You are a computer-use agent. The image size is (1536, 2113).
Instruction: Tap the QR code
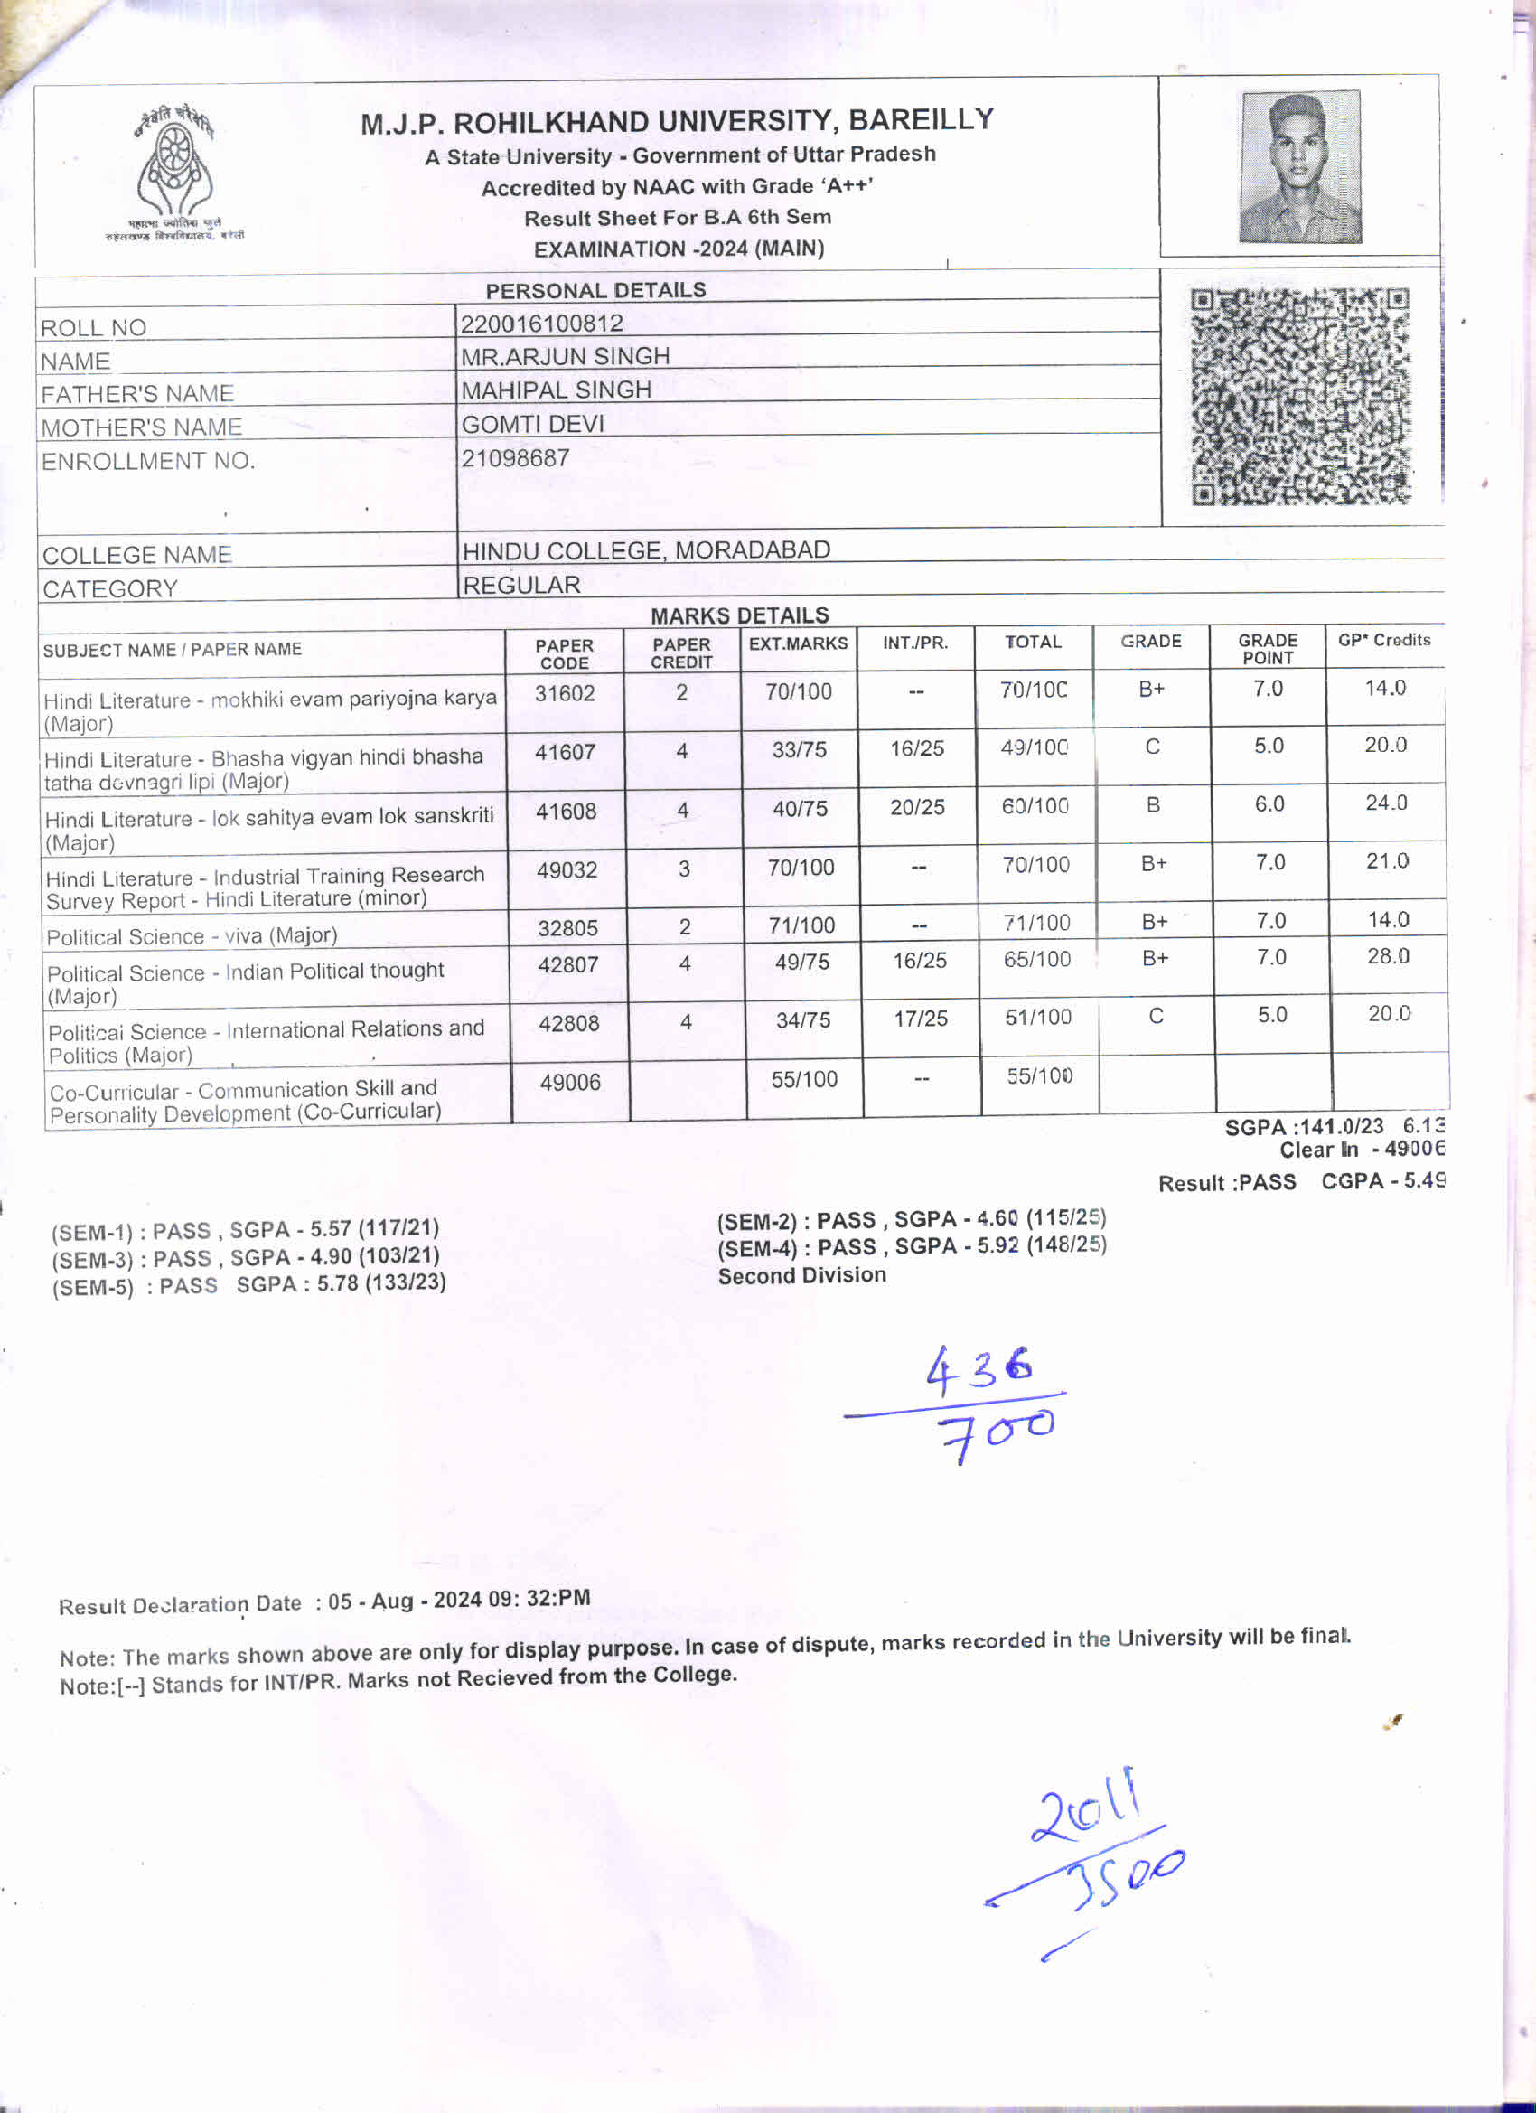click(1300, 397)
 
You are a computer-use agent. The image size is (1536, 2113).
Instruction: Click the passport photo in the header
click(1300, 167)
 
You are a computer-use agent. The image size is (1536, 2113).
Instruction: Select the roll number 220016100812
click(541, 324)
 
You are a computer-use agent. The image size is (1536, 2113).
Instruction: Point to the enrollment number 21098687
click(515, 457)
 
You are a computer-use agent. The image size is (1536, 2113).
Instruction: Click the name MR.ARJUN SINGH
click(565, 356)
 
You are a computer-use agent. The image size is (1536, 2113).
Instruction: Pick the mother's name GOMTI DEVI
click(533, 424)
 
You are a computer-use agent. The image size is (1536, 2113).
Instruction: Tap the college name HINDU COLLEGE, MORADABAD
click(645, 549)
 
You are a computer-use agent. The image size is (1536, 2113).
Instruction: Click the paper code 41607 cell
click(565, 752)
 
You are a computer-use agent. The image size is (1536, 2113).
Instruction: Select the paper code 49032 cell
click(567, 870)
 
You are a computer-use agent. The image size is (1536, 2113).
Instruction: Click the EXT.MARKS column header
click(799, 643)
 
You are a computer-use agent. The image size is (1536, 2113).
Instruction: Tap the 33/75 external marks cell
click(800, 750)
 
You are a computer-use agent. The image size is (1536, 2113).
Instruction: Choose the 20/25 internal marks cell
click(917, 807)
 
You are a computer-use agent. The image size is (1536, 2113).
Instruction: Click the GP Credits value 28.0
click(1388, 956)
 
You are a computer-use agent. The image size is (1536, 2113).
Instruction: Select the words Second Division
click(802, 1274)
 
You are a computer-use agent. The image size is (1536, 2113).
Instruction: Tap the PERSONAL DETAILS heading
click(596, 290)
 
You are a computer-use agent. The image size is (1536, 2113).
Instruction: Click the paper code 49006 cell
click(570, 1083)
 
